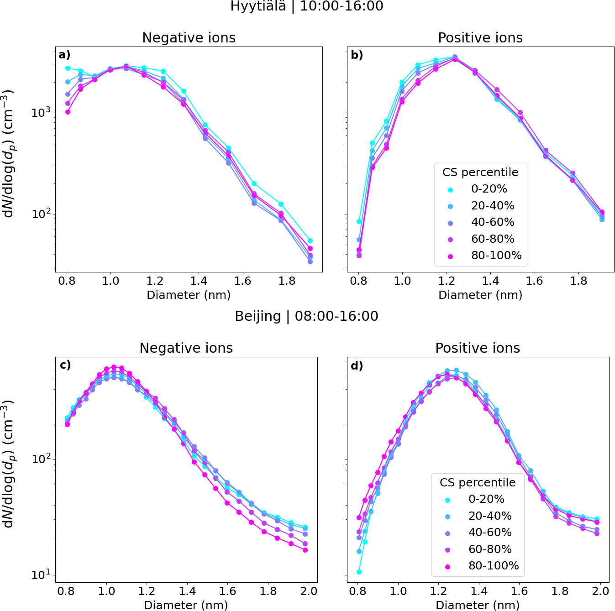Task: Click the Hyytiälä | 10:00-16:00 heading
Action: [x=307, y=6]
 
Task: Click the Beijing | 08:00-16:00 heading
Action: [x=307, y=316]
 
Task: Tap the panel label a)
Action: [x=64, y=55]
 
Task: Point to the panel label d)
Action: [x=357, y=366]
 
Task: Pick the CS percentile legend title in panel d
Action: [x=478, y=482]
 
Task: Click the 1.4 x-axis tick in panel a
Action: [x=199, y=281]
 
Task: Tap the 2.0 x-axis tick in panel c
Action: [x=309, y=591]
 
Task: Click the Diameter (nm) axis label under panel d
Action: [x=478, y=605]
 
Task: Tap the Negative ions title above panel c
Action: [x=186, y=348]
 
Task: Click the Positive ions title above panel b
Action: [x=480, y=38]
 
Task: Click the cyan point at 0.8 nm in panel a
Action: [x=68, y=68]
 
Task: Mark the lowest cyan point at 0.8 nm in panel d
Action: [x=359, y=572]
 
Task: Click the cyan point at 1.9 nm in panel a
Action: [x=310, y=240]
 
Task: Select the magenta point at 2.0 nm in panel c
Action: [x=305, y=550]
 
